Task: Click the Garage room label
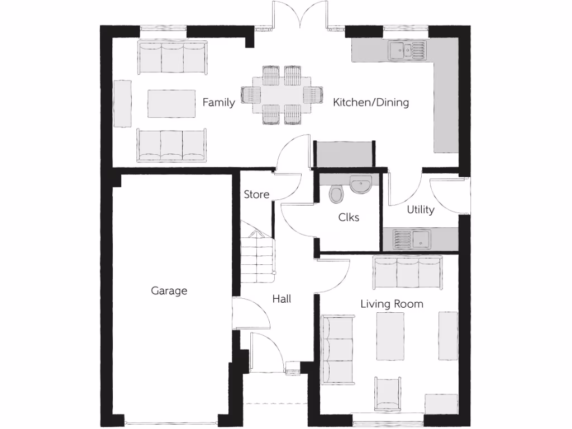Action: tap(169, 290)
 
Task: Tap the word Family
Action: tap(218, 102)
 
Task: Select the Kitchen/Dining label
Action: tap(371, 102)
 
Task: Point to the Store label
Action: tap(256, 194)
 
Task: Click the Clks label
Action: tap(349, 217)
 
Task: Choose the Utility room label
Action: tap(420, 209)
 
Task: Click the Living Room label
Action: tap(392, 304)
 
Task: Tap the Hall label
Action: tap(282, 299)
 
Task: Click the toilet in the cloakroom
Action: tap(336, 194)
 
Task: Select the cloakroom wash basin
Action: tap(361, 184)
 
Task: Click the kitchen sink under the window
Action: tap(407, 51)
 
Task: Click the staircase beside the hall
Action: tap(258, 257)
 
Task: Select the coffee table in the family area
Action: tap(171, 103)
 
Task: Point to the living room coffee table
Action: tap(390, 336)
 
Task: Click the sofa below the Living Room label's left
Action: tap(337, 349)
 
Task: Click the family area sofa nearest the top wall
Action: tap(172, 58)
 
